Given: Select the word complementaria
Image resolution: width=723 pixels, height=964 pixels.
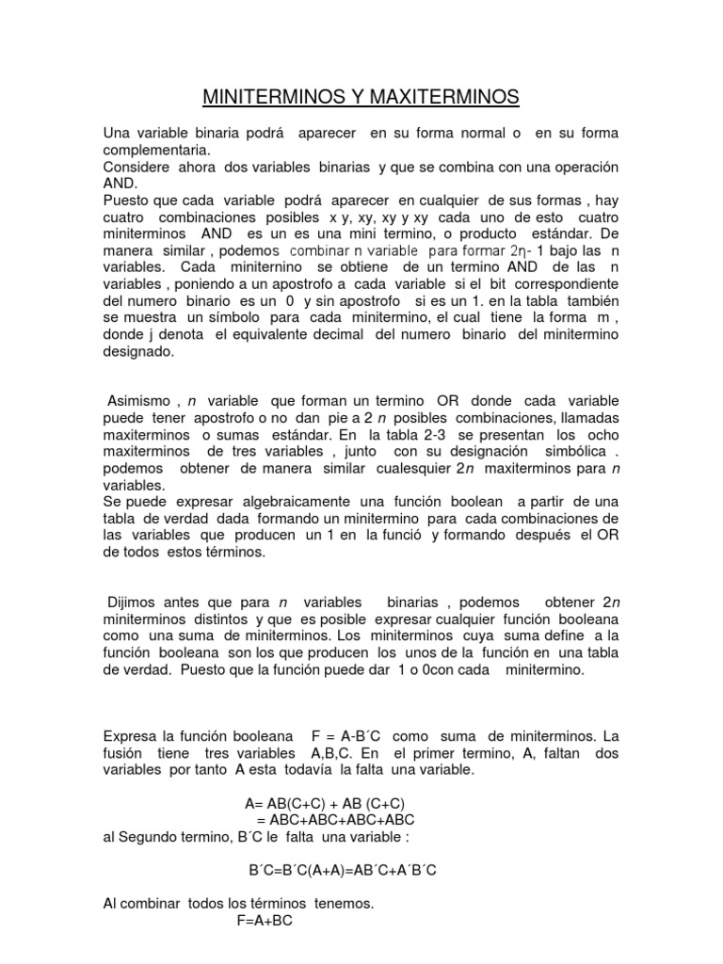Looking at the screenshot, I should tap(156, 149).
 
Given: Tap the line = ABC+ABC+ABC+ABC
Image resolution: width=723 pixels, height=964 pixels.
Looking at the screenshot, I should tap(336, 820).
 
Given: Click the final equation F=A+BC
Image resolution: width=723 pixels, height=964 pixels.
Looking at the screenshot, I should tap(265, 922).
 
